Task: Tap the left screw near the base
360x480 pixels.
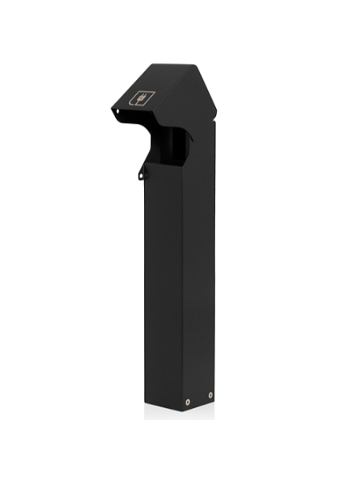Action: click(x=188, y=402)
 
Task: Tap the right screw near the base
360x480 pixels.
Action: click(x=210, y=395)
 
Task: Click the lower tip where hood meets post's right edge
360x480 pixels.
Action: click(x=215, y=128)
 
